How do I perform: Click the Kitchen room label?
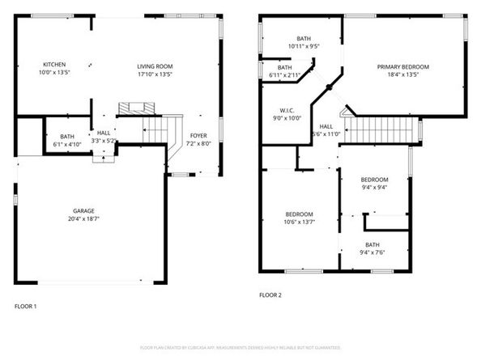[55, 69]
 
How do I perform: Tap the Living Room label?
[154, 69]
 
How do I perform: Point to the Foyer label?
[198, 138]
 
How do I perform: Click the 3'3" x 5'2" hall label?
[104, 137]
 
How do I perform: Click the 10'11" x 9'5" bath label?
[304, 42]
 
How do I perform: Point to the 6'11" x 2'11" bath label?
[284, 71]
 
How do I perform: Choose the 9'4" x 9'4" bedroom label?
[374, 183]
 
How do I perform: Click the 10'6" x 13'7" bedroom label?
[300, 218]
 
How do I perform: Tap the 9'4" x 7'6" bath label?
[372, 248]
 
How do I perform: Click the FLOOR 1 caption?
[26, 307]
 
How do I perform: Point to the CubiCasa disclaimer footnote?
[240, 346]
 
